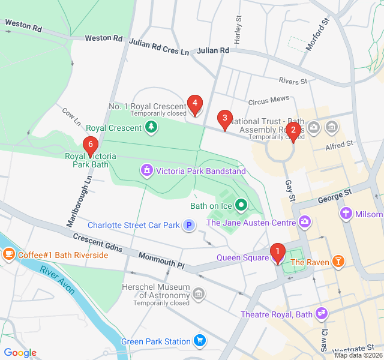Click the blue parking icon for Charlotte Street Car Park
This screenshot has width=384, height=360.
pos(189,226)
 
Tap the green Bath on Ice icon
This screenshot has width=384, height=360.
pos(241,206)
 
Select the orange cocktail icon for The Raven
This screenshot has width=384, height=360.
pos(340,262)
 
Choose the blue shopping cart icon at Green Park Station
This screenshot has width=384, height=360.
pos(200,341)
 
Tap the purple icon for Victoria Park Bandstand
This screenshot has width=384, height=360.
pos(146,171)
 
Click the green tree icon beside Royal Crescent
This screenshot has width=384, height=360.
pos(152,127)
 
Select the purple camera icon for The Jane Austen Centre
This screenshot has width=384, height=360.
pos(305,223)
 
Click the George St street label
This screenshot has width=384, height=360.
pos(334,196)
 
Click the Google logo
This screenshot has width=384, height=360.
pos(20,353)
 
